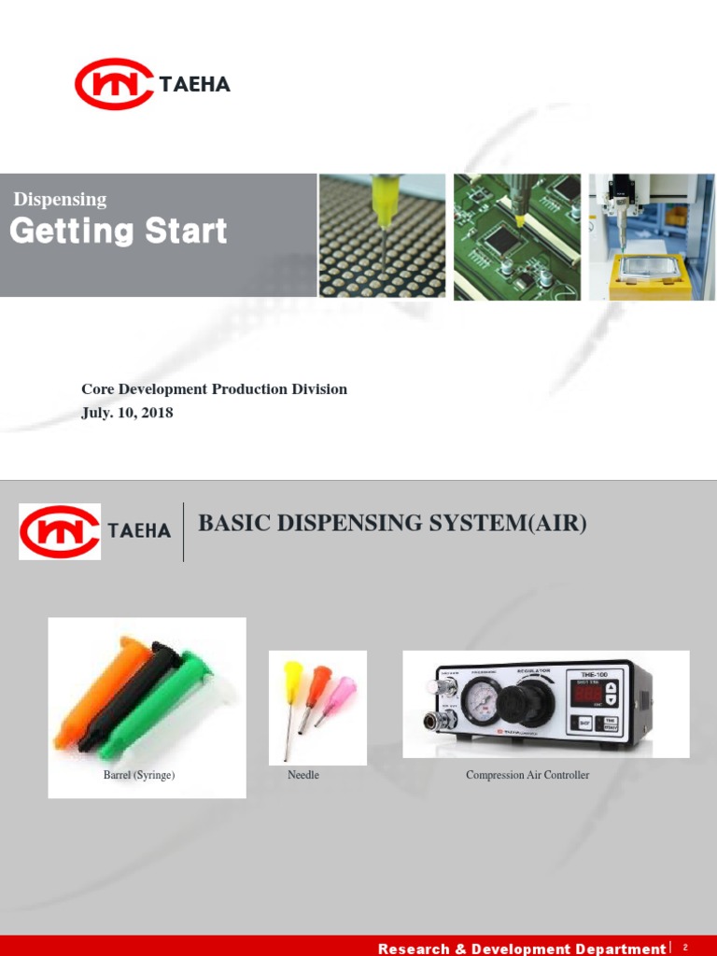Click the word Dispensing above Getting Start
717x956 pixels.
(60, 199)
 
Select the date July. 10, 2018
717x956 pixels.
(127, 412)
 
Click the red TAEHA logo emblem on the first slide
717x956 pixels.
(114, 84)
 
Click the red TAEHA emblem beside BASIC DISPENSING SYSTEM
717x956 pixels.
(60, 530)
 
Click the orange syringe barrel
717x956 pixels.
(93, 691)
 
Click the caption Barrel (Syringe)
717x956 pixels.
(139, 775)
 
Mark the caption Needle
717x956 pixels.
(303, 775)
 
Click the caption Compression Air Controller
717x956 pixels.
(527, 775)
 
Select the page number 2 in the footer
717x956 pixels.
(684, 948)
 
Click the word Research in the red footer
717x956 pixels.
(412, 949)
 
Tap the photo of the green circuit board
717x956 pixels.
(516, 236)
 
